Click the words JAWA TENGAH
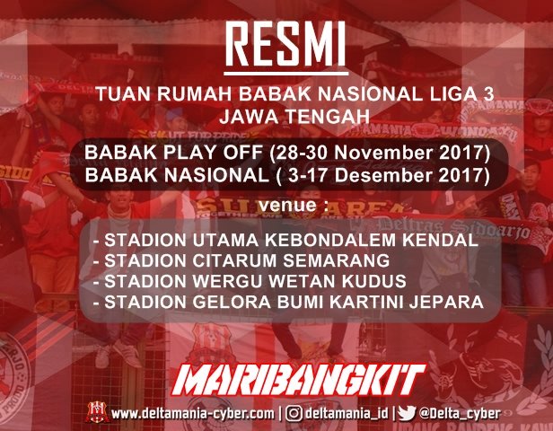point(276,115)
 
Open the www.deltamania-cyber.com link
point(192,414)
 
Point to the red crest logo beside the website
point(96,413)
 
